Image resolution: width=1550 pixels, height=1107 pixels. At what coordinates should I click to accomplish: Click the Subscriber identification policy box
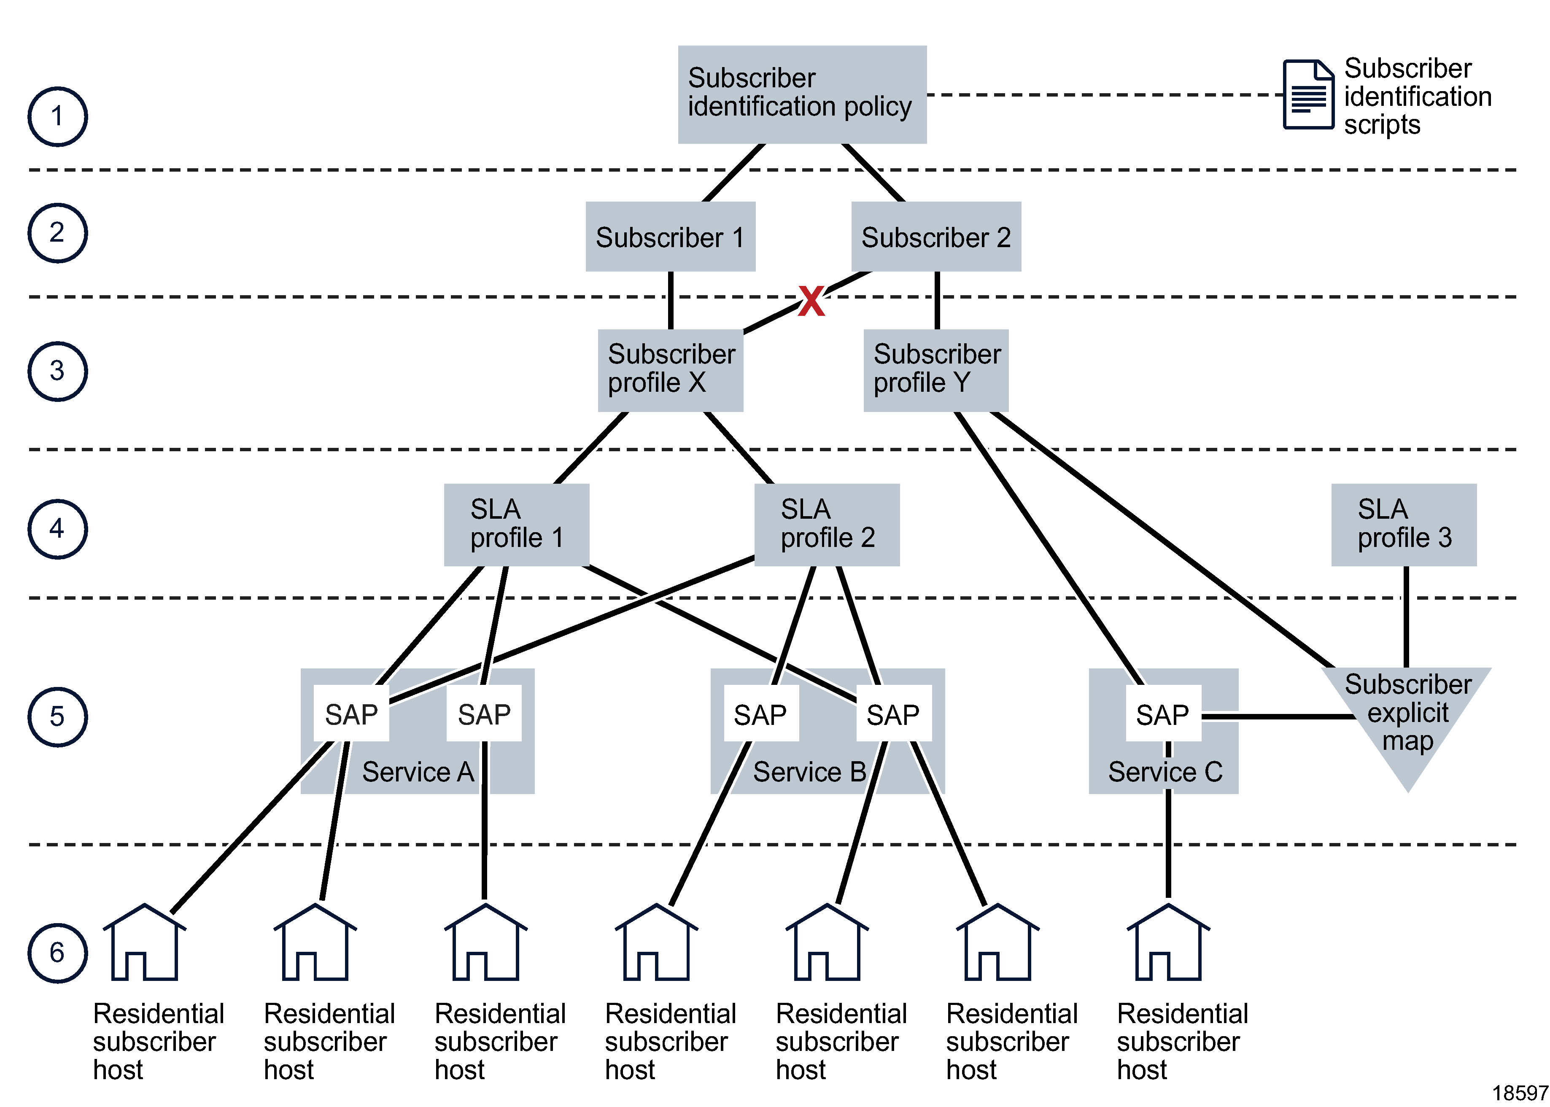tap(802, 94)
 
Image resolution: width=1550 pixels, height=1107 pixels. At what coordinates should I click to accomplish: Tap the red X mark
tap(811, 301)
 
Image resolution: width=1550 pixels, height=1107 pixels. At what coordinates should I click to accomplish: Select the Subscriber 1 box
tap(670, 237)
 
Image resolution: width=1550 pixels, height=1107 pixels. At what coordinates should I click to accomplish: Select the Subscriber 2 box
tap(936, 237)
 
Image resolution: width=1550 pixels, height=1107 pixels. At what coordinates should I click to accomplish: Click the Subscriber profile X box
tap(670, 370)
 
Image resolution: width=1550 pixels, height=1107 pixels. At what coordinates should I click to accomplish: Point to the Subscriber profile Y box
tap(936, 370)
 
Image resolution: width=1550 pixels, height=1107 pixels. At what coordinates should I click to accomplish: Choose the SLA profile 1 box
tap(516, 524)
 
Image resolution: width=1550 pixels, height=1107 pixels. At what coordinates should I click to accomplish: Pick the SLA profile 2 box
tap(827, 524)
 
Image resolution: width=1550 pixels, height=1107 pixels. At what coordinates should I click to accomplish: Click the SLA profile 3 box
tap(1404, 524)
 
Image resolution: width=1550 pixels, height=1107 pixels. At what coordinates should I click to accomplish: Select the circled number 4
tap(57, 529)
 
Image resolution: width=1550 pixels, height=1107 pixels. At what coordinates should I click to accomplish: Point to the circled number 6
tap(57, 953)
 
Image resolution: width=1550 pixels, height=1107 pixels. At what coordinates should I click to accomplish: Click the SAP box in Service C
tap(1163, 714)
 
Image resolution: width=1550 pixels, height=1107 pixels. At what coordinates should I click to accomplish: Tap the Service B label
tap(809, 772)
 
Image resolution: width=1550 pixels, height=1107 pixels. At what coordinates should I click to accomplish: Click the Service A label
tap(417, 772)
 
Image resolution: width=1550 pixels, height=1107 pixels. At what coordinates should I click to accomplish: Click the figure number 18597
tap(1520, 1093)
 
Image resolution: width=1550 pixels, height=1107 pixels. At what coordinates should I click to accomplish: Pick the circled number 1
tap(57, 116)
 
